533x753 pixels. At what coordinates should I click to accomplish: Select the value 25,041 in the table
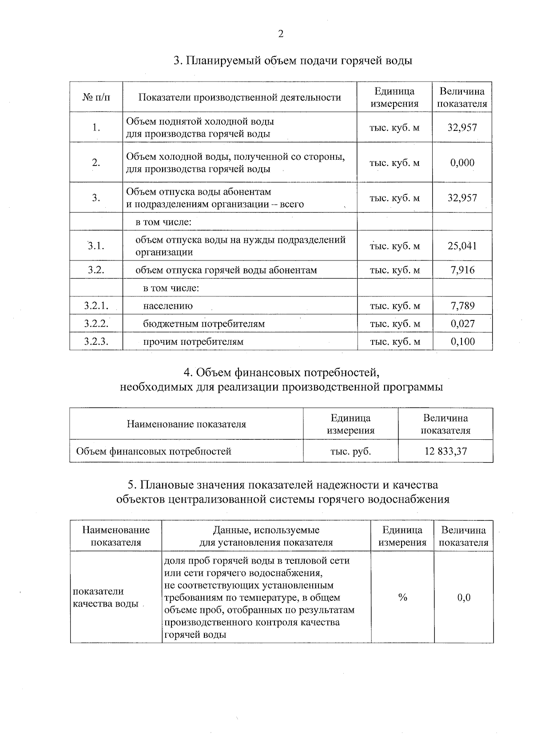pyautogui.click(x=462, y=246)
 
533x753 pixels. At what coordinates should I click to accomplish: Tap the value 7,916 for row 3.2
pyautogui.click(x=462, y=270)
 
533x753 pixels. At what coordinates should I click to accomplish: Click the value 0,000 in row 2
pyautogui.click(x=462, y=163)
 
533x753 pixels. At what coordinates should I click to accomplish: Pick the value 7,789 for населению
pyautogui.click(x=462, y=306)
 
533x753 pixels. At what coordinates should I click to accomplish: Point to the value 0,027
pyautogui.click(x=462, y=324)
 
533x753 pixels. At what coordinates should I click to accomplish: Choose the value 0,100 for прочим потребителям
pyautogui.click(x=462, y=342)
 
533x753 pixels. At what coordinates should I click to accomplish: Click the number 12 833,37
pyautogui.click(x=445, y=451)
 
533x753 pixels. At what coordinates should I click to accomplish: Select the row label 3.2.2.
pyautogui.click(x=96, y=324)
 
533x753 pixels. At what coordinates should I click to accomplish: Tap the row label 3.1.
pyautogui.click(x=96, y=246)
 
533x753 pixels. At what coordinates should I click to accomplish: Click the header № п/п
pyautogui.click(x=96, y=97)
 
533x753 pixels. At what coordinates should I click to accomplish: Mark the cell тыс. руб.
pyautogui.click(x=350, y=451)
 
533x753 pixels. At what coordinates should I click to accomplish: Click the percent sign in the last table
pyautogui.click(x=403, y=598)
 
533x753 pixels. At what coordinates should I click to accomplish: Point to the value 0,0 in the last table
pyautogui.click(x=464, y=598)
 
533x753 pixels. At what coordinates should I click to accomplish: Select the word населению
pyautogui.click(x=168, y=306)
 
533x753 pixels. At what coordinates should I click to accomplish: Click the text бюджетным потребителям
pyautogui.click(x=204, y=324)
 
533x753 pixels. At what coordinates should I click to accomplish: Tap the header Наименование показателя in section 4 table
pyautogui.click(x=187, y=424)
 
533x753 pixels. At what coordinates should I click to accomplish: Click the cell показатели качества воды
pyautogui.click(x=106, y=598)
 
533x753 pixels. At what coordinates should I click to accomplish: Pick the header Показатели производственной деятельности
pyautogui.click(x=240, y=97)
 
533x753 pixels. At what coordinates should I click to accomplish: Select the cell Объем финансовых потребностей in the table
pyautogui.click(x=154, y=451)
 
